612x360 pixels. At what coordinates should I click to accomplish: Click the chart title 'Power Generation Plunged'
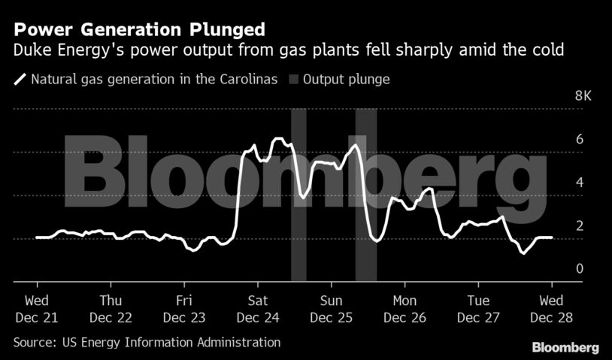[x=139, y=30]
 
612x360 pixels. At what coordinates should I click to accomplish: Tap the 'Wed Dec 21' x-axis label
[x=36, y=309]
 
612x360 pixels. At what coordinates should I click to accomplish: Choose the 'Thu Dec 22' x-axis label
[x=111, y=309]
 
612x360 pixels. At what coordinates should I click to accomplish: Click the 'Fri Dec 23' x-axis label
[x=184, y=309]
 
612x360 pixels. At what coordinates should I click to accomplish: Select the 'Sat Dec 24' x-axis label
[x=258, y=309]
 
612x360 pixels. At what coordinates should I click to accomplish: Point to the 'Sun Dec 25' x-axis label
[x=332, y=309]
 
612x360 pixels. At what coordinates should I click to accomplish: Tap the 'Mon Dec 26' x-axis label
[x=405, y=309]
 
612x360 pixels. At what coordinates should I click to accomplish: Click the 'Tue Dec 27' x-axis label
[x=479, y=309]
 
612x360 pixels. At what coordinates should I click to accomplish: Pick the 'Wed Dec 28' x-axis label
[x=553, y=309]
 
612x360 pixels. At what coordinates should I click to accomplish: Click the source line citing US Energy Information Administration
[x=147, y=343]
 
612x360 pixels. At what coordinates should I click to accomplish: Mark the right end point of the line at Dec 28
[x=553, y=237]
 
